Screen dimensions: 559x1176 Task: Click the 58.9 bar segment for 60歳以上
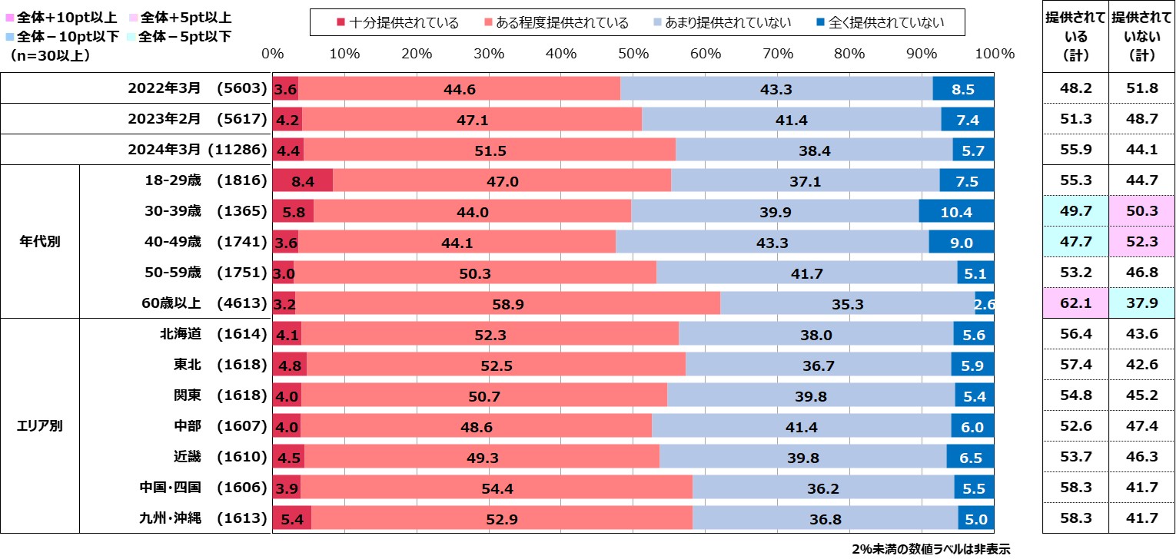click(507, 303)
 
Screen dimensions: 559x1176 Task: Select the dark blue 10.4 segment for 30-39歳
click(956, 211)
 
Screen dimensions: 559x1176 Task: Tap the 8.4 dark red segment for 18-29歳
click(302, 180)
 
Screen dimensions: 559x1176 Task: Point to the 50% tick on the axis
click(633, 54)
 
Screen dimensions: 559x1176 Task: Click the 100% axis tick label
click(995, 54)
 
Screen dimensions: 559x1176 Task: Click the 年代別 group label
click(40, 242)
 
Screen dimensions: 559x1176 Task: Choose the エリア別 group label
click(40, 426)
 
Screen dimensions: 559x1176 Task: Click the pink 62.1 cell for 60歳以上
click(1075, 303)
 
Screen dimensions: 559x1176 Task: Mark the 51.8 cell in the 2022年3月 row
click(1141, 88)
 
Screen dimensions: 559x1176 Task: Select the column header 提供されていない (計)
click(1141, 35)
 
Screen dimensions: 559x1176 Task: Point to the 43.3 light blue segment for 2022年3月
click(776, 88)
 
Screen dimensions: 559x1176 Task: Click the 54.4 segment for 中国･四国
click(497, 488)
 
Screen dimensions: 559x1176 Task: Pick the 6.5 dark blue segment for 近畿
click(970, 457)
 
